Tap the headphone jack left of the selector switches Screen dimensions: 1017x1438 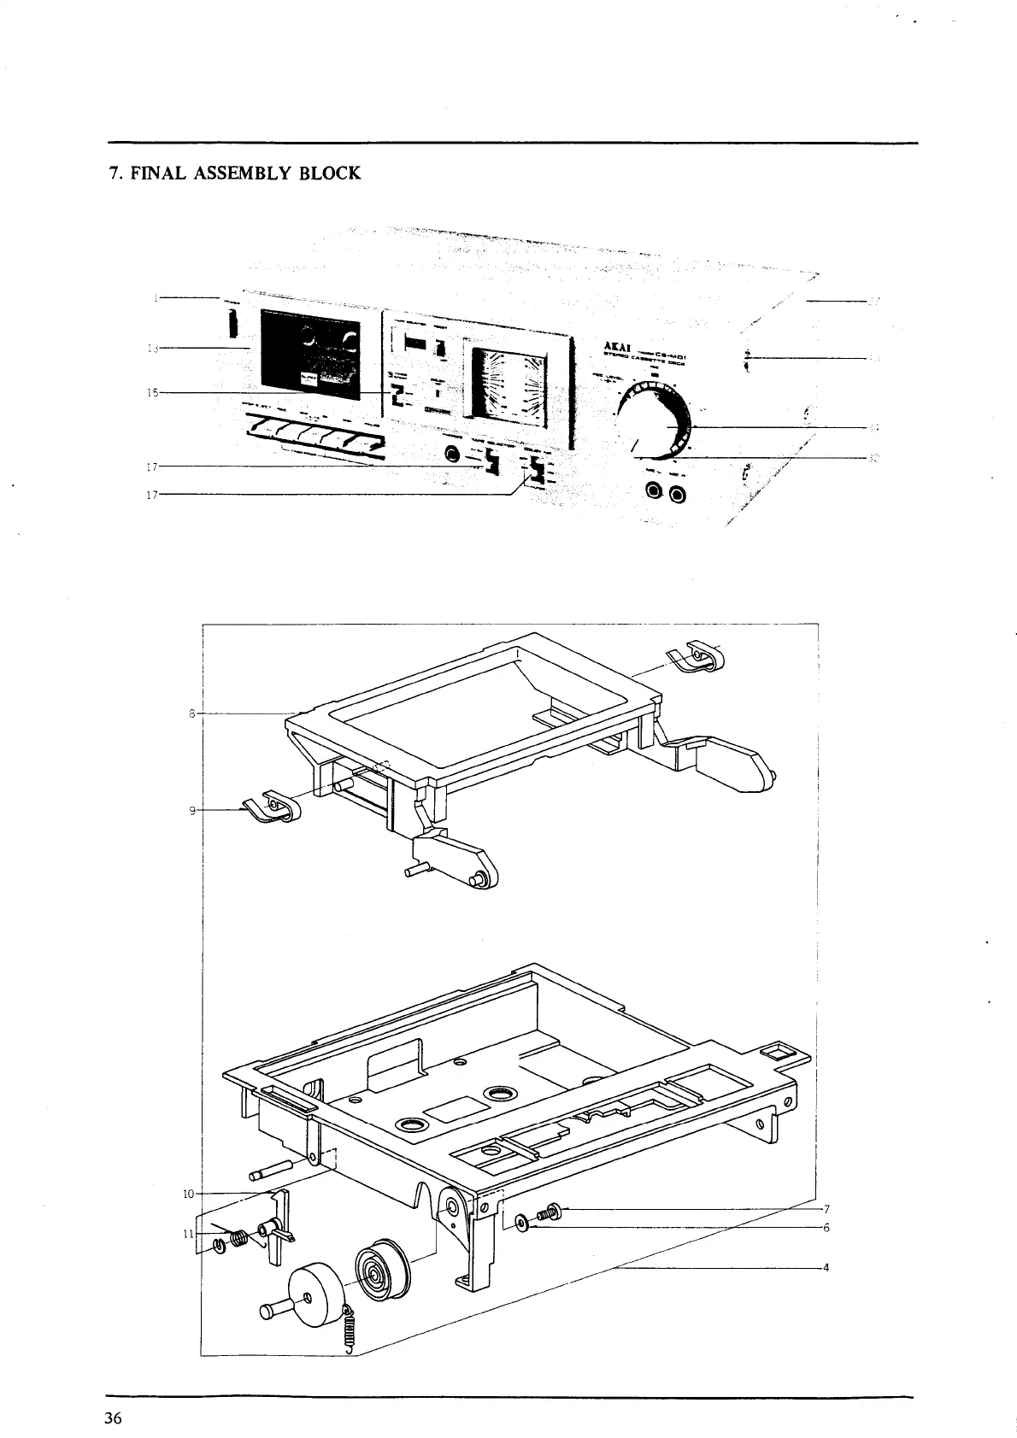click(450, 455)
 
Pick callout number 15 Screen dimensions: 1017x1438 click(153, 392)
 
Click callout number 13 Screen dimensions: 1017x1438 click(153, 348)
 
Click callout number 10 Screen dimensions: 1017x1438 click(189, 1193)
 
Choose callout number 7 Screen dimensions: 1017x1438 click(826, 1209)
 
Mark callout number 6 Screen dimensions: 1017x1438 click(826, 1228)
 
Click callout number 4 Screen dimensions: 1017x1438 click(826, 1267)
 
